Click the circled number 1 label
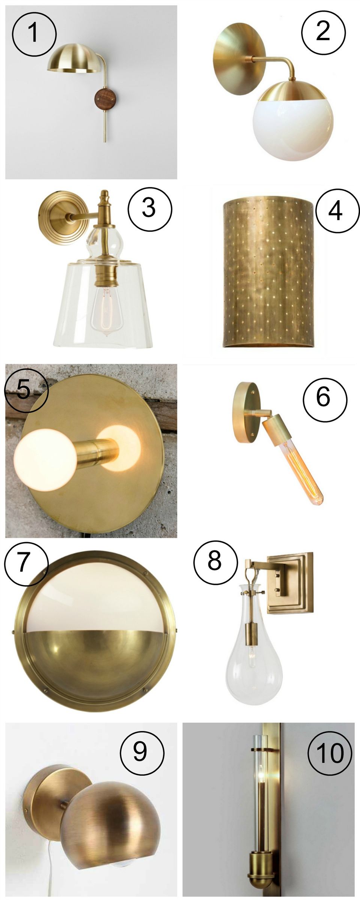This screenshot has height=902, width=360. [x=34, y=33]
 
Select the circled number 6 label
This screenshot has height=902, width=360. [x=325, y=397]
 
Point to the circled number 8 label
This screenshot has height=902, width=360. [x=215, y=561]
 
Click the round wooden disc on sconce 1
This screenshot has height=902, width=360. [x=105, y=99]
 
